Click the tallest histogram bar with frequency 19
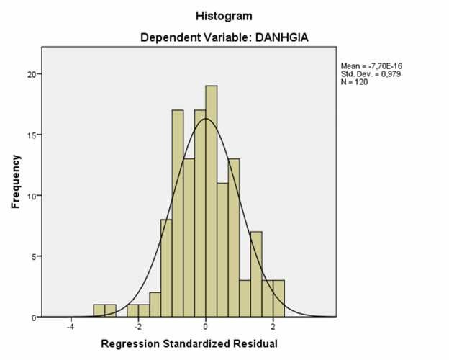211,202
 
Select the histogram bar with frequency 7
256,274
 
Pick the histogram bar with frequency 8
166,268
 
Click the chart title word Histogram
224,15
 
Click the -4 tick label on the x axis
70,325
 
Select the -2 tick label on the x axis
137,325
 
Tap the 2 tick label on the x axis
273,325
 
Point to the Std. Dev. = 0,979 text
366,73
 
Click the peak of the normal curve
206,119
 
